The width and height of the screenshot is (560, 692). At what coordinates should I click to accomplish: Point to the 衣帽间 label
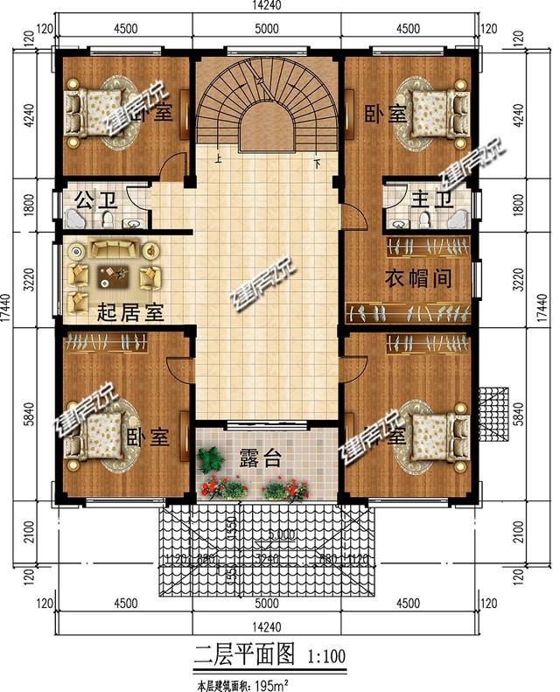418,279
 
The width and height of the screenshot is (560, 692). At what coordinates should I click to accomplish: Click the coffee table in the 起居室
112,276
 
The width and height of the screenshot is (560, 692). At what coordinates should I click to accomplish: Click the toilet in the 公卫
107,218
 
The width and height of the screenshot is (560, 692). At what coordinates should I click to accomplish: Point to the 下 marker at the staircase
316,161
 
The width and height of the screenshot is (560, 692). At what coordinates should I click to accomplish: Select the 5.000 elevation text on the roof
281,535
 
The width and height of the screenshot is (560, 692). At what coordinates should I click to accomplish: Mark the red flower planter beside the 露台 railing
286,488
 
